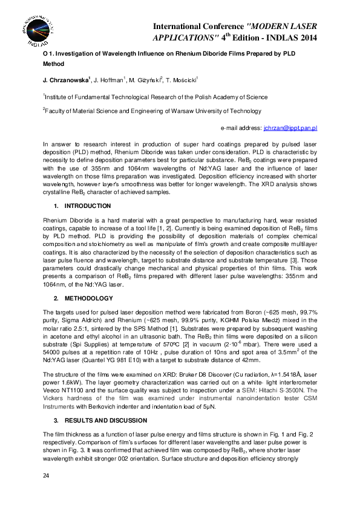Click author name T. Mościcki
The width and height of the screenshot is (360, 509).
[193, 80]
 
